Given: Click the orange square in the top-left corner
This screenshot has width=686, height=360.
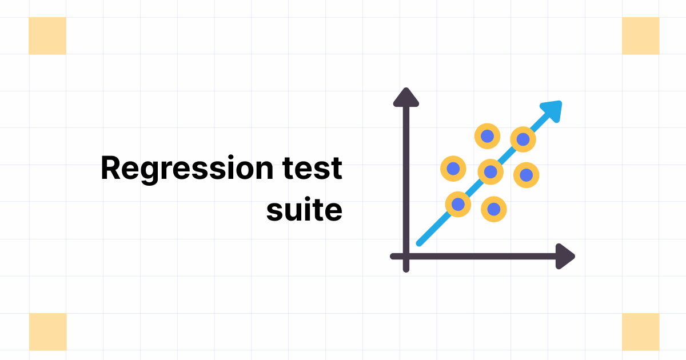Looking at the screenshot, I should [x=47, y=36].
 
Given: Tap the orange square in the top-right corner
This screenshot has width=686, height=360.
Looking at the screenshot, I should [x=640, y=36].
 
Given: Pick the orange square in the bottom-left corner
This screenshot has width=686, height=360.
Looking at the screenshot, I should [x=47, y=331].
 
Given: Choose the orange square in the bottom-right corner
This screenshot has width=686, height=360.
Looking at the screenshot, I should [x=640, y=331].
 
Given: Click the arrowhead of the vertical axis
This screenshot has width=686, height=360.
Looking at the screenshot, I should [x=406, y=98].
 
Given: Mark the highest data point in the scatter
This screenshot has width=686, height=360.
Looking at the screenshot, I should [x=487, y=136].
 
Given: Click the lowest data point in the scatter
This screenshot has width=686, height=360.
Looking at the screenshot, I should [x=494, y=209].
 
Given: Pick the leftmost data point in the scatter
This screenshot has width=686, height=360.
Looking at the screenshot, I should [x=453, y=169].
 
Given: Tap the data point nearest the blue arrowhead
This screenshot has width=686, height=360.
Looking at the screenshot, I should [x=523, y=139].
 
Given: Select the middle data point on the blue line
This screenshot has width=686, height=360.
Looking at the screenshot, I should [x=490, y=171].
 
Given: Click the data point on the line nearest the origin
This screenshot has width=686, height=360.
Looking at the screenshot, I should [x=458, y=203].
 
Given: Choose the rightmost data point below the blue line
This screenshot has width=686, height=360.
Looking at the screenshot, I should [x=526, y=175].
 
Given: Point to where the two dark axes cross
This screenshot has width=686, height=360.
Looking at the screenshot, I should [x=406, y=257].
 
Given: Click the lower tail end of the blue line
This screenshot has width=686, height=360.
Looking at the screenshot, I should [x=419, y=243].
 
